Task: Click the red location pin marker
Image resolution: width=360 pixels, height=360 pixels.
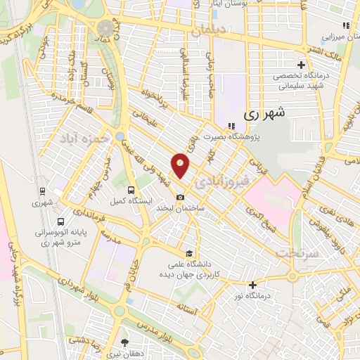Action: [x=181, y=165]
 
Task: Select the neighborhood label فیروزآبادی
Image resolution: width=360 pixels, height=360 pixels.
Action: [x=217, y=182]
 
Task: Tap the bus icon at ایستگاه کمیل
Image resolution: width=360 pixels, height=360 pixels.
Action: [x=131, y=190]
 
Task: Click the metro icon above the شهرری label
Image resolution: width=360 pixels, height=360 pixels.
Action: [x=42, y=191]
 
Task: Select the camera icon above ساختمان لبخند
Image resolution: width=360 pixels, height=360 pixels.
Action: [x=181, y=197]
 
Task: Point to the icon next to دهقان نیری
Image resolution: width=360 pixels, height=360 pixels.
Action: [x=125, y=342]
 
